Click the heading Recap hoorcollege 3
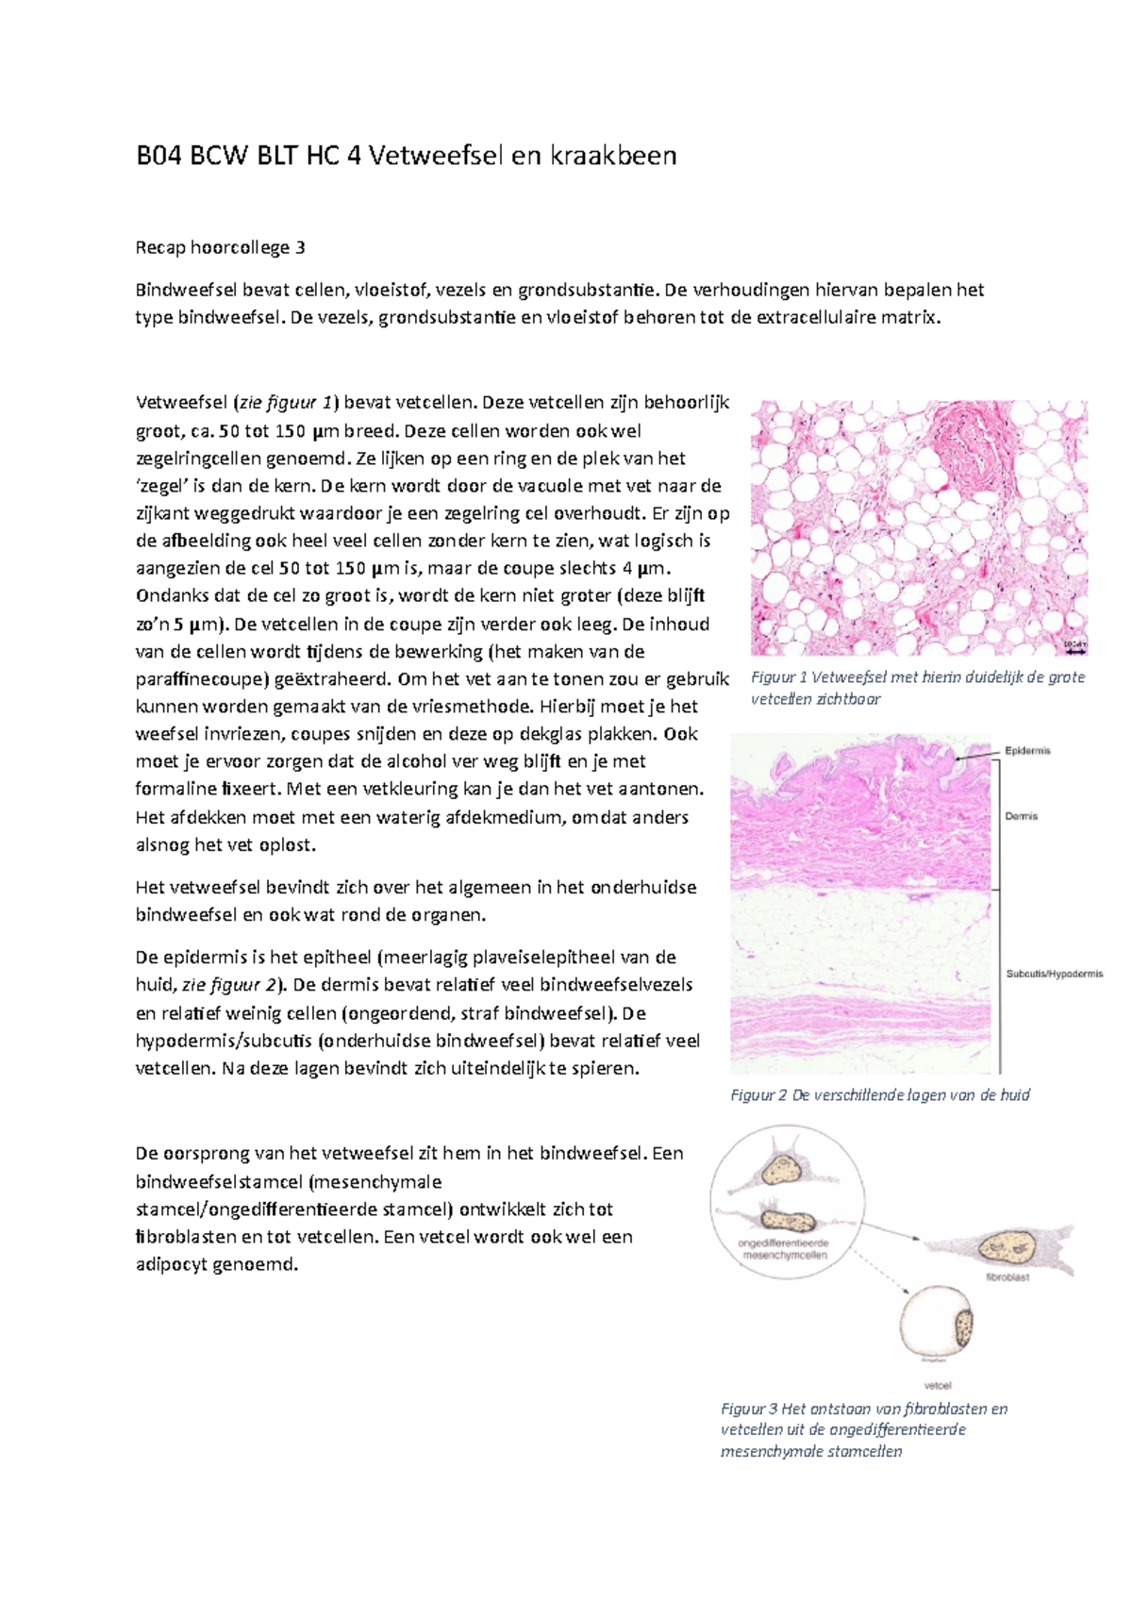[x=220, y=248]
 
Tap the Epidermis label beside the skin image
[x=1027, y=751]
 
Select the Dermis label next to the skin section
[x=1021, y=816]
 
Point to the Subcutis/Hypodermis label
[x=1054, y=974]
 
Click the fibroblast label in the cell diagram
[x=1007, y=1277]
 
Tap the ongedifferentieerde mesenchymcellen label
[x=784, y=1249]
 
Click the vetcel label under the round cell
[x=938, y=1386]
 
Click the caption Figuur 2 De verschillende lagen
[x=879, y=1095]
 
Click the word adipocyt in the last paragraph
[x=174, y=1264]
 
